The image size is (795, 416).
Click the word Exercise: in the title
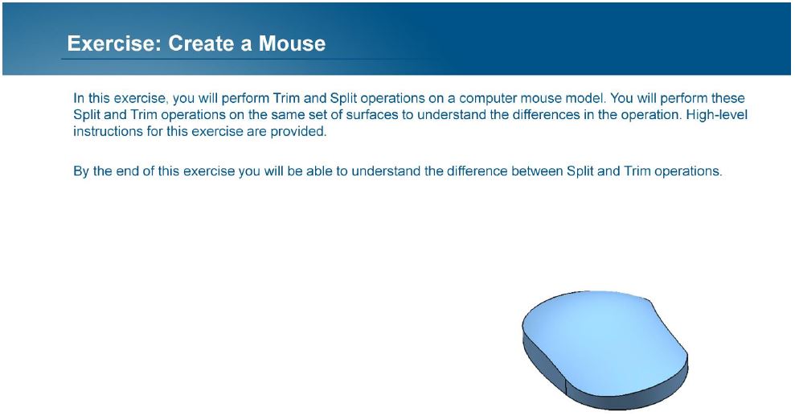[114, 43]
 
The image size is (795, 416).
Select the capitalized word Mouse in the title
[292, 43]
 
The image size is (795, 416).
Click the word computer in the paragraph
[487, 98]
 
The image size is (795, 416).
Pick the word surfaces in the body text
[371, 114]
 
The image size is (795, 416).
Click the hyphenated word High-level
[716, 114]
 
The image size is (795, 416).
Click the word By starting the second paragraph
[81, 171]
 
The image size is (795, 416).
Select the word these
[728, 98]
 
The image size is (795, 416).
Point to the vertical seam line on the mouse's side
[565, 385]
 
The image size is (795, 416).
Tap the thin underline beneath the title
[248, 60]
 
